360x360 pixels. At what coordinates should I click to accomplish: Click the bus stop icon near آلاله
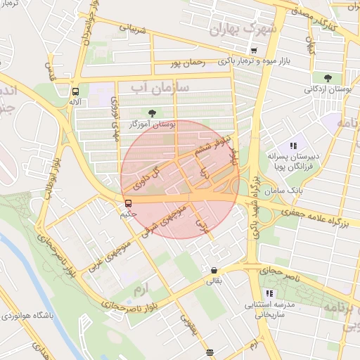click(75, 91)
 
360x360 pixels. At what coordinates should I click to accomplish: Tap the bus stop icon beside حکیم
click(127, 204)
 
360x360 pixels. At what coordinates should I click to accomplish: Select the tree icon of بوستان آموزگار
click(151, 112)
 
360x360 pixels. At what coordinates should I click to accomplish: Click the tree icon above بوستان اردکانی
click(327, 78)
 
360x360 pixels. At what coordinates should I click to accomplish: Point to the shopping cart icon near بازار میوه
click(254, 50)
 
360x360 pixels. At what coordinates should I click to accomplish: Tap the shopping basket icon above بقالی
click(213, 270)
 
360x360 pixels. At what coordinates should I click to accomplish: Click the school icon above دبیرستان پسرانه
click(292, 145)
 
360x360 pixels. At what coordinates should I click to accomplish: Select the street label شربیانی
click(134, 30)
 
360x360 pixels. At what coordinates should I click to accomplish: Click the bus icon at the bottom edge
click(210, 352)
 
